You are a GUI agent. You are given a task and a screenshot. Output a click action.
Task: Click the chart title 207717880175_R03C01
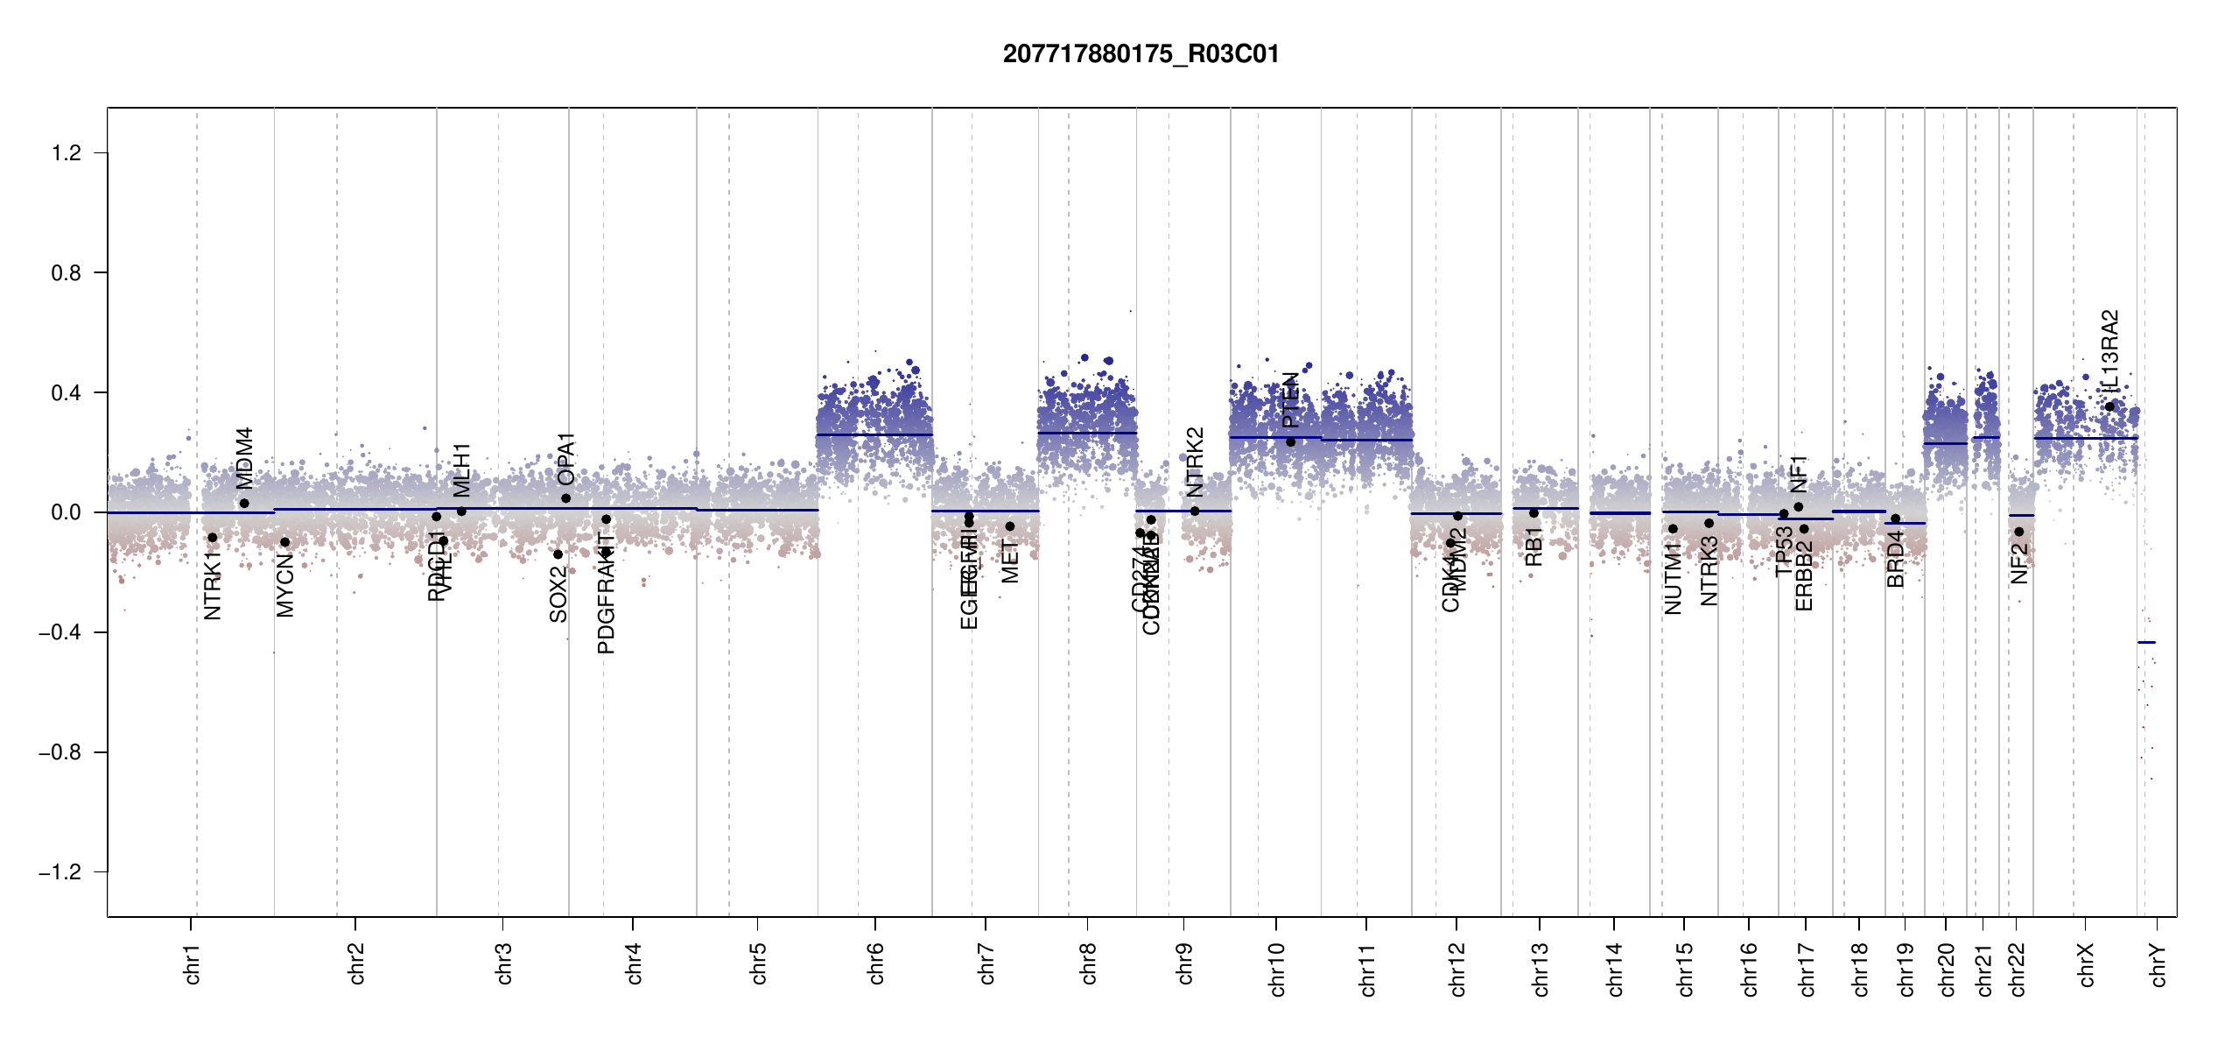click(1141, 54)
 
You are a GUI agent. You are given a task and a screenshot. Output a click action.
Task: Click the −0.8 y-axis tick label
click(60, 752)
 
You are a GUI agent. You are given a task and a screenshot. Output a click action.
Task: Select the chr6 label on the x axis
click(875, 963)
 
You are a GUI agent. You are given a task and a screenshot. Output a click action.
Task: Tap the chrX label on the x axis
click(2086, 964)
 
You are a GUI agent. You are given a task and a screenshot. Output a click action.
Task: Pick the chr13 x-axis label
click(1540, 969)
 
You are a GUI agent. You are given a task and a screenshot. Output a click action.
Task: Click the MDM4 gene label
click(244, 458)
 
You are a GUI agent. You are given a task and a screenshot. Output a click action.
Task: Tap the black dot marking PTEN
click(1290, 442)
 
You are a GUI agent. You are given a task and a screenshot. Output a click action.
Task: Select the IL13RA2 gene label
click(2109, 351)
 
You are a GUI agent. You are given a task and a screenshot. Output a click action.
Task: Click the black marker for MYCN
click(284, 542)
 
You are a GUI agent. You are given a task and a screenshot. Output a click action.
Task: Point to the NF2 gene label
click(2018, 563)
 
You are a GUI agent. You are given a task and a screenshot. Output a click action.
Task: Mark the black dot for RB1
click(1534, 513)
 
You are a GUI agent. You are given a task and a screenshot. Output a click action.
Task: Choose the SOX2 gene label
click(558, 594)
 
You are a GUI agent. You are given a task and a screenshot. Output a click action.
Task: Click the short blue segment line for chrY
click(2146, 643)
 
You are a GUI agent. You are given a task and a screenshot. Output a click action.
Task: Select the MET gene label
click(1009, 561)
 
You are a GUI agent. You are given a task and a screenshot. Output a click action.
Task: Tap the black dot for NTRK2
click(1195, 511)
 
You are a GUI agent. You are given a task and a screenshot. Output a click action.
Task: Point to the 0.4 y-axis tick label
click(67, 393)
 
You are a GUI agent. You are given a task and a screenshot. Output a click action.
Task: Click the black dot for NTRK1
click(212, 538)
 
